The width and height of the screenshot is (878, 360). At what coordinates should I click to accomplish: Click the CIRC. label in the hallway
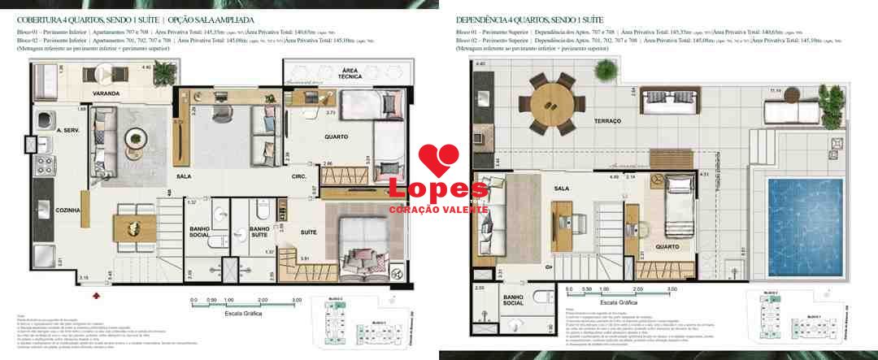click(298, 176)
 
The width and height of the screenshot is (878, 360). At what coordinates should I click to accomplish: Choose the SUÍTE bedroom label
click(309, 232)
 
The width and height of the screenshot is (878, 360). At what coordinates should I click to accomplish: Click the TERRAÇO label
click(607, 121)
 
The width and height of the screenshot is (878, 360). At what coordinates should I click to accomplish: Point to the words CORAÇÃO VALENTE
click(439, 209)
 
